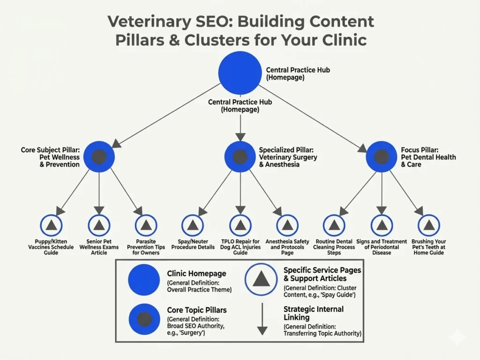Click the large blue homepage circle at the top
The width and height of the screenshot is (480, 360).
click(x=240, y=72)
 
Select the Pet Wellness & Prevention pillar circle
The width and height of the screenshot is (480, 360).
click(x=99, y=157)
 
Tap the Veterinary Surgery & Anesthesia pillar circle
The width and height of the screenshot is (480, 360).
click(x=240, y=157)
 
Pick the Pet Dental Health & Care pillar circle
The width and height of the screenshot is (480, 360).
click(x=382, y=157)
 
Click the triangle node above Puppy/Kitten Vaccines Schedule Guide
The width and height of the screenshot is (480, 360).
click(x=52, y=225)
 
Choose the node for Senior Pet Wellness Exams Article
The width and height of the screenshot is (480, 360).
click(x=99, y=225)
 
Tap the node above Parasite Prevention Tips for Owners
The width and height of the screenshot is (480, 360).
click(x=146, y=225)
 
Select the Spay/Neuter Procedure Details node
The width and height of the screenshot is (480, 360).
click(x=193, y=225)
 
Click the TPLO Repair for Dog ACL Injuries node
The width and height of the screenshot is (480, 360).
click(x=240, y=225)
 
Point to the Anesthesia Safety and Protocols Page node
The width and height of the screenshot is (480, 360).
click(x=287, y=225)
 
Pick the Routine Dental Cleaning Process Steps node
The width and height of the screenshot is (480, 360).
click(x=334, y=225)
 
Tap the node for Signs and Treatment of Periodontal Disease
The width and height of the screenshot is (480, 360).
click(x=382, y=225)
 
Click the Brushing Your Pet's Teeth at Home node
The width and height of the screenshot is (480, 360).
click(x=429, y=225)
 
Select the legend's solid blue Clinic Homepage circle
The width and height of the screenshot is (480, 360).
click(x=144, y=280)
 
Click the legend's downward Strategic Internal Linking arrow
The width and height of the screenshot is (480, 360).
click(x=262, y=318)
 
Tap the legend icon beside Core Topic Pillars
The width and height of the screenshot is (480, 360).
click(x=144, y=319)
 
